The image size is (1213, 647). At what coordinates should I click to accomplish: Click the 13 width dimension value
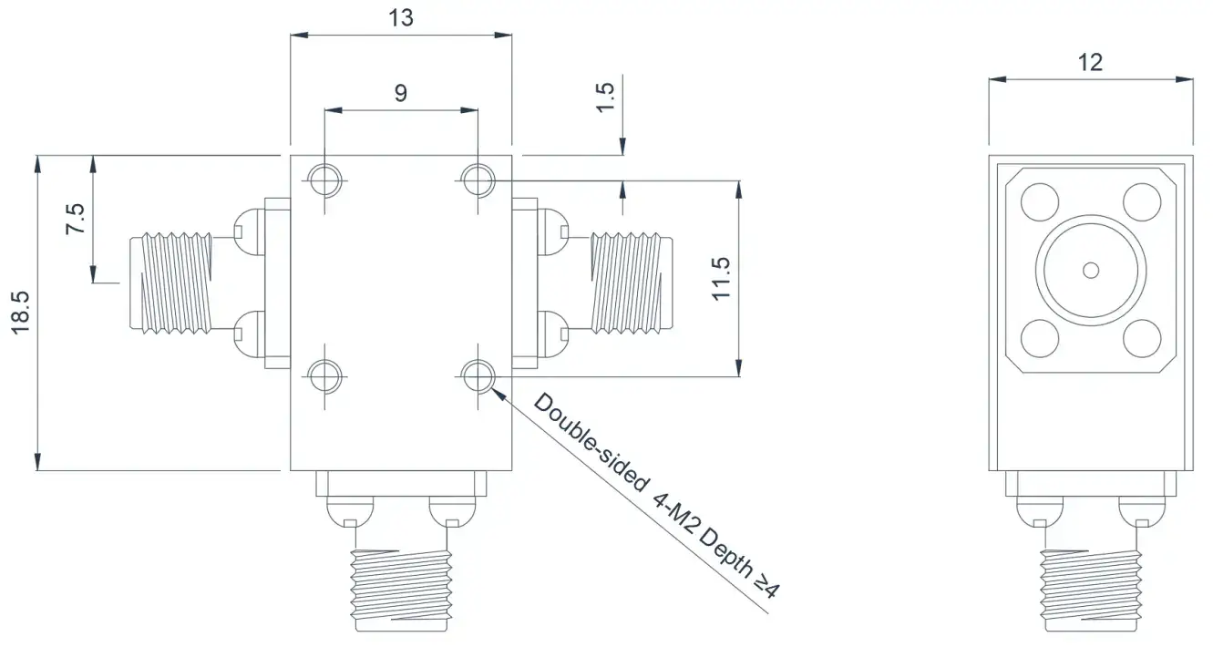[401, 18]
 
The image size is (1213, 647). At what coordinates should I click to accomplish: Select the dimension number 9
[400, 93]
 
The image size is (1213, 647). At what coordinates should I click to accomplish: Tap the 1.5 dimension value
[605, 98]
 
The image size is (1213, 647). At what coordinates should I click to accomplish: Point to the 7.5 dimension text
[76, 219]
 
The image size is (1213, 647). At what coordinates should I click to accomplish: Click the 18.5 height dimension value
[21, 313]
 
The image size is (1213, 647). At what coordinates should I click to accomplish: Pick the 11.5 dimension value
[721, 279]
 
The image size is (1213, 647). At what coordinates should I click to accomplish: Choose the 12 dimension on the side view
[1090, 63]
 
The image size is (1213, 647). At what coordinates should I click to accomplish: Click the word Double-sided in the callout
[591, 442]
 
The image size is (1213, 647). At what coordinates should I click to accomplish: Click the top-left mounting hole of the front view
[324, 180]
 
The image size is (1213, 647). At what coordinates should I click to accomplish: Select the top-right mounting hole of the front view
[478, 180]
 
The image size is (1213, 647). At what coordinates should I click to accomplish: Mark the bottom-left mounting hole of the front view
[324, 376]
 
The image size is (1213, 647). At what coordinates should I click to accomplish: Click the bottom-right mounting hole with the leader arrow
[478, 376]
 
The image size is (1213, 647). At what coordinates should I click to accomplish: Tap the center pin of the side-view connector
[1091, 270]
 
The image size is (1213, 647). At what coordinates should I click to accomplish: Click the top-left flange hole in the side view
[1040, 202]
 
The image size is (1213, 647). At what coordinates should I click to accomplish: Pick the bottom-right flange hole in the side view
[1142, 338]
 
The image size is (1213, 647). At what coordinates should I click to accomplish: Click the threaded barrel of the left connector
[171, 282]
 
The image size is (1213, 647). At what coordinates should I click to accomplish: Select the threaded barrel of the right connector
[632, 282]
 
